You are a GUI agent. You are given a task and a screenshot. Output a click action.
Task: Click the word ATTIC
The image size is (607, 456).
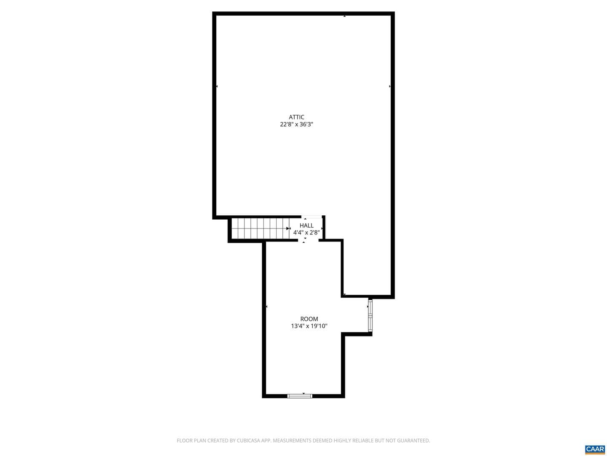point(296,117)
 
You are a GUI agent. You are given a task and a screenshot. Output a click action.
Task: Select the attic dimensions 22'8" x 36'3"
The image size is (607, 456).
point(296,124)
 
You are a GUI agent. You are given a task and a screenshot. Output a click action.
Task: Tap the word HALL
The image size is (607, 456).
point(306,225)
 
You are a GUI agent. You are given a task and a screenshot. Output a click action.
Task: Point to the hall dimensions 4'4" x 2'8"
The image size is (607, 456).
point(306,233)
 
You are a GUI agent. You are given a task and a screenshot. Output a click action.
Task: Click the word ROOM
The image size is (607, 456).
point(309,319)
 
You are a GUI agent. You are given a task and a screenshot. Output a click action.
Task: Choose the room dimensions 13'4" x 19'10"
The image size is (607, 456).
point(309,326)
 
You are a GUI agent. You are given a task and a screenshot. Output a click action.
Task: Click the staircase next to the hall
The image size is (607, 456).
point(260,228)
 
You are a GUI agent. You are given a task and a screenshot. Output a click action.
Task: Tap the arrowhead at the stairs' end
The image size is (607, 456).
point(287,228)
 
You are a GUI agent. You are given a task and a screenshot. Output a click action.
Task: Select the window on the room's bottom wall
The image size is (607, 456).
point(299,396)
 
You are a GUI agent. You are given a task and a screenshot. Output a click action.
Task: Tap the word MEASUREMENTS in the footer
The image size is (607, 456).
point(291,440)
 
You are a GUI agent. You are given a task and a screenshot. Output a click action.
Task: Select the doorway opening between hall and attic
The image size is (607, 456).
point(312,217)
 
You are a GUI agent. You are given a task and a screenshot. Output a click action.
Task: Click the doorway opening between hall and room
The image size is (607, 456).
point(308,241)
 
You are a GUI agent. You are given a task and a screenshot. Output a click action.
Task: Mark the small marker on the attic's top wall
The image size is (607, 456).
point(344,16)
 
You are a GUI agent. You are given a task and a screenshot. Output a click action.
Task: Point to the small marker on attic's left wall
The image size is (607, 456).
point(217,87)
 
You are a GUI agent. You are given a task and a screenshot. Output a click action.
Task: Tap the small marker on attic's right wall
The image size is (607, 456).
point(389,87)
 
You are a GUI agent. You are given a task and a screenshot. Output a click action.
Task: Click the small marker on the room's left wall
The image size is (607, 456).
point(266,307)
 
